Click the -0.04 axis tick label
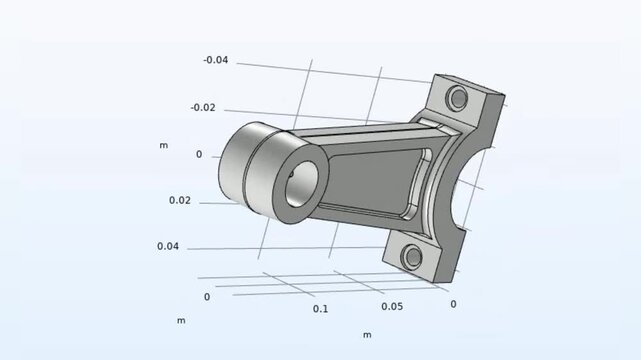tap(215, 60)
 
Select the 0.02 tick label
tap(180, 200)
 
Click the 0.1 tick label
tap(320, 309)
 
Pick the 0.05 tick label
tap(392, 306)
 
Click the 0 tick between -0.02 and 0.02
tap(198, 154)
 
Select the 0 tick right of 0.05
tap(453, 303)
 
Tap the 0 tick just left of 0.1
tap(207, 297)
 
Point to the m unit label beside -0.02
tap(163, 145)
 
